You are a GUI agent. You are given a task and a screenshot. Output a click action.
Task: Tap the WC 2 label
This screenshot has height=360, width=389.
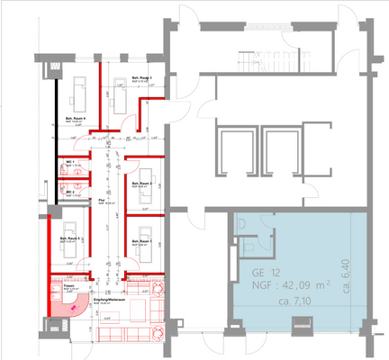(68, 192)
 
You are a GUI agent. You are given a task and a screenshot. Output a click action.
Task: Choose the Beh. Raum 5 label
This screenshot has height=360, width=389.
(70, 238)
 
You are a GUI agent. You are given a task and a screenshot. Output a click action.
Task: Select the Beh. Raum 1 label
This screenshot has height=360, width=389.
(142, 242)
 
